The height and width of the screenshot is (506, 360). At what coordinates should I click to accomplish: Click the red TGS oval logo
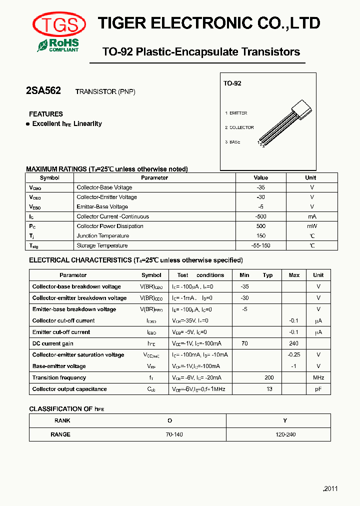tap(59, 23)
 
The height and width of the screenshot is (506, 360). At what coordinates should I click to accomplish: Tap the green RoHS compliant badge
tap(58, 45)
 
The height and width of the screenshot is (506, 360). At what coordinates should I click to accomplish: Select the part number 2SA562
tap(43, 90)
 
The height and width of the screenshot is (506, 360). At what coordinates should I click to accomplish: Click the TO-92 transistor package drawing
tap(287, 122)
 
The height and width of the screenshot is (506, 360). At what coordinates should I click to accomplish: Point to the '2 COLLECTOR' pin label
tap(239, 127)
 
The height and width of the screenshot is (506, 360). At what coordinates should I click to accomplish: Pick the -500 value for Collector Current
tap(260, 216)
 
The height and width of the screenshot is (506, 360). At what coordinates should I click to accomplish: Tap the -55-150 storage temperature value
tap(260, 245)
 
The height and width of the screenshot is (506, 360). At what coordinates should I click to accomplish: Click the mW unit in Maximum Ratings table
tap(310, 226)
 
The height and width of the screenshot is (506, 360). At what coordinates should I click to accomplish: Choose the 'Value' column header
tap(260, 177)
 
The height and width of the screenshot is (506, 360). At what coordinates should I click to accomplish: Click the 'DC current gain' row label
tap(53, 343)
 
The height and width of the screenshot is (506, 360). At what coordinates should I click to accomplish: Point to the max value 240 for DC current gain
tap(294, 343)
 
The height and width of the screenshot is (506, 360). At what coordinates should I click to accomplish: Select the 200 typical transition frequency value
tap(269, 377)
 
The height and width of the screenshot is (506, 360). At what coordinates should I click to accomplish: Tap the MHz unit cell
tap(318, 377)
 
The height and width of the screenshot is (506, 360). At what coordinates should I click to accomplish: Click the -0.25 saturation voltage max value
tap(294, 354)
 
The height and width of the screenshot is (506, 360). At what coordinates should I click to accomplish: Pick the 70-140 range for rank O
tap(174, 434)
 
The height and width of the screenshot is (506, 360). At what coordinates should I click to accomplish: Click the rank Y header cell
tap(285, 420)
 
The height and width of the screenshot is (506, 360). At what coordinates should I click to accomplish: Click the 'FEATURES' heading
tap(46, 114)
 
